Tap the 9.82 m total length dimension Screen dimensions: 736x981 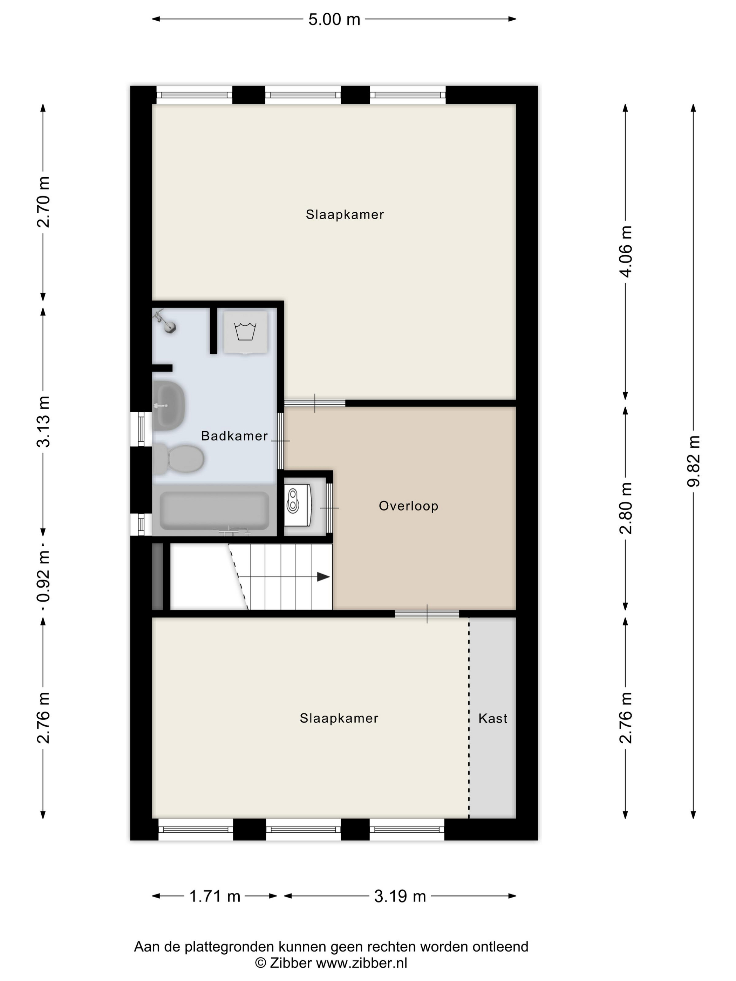pyautogui.click(x=693, y=461)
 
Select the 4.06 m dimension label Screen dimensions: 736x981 pyautogui.click(x=626, y=252)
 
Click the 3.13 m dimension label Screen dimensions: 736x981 pyautogui.click(x=43, y=422)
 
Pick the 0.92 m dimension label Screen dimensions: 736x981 pyautogui.click(x=43, y=576)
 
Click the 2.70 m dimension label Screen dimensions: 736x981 pyautogui.click(x=43, y=202)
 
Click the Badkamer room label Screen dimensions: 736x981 pyautogui.click(x=234, y=436)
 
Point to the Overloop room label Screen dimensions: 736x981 pyautogui.click(x=409, y=506)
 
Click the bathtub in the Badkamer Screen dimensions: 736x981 pyautogui.click(x=214, y=511)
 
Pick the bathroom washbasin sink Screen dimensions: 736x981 pyautogui.click(x=169, y=405)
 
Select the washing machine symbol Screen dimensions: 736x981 pyautogui.click(x=245, y=332)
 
